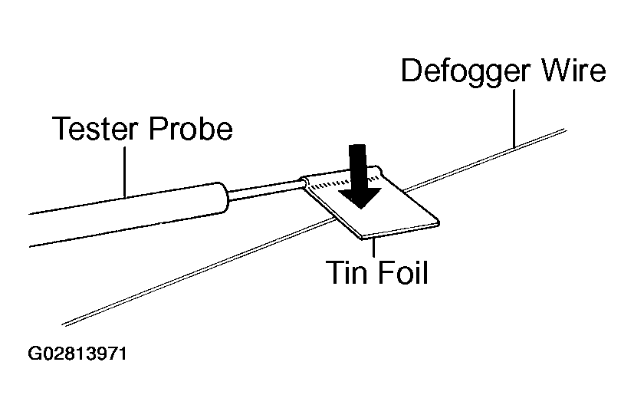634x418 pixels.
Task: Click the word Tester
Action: coord(96,128)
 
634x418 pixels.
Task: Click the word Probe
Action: coord(191,128)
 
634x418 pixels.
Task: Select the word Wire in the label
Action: coord(573,71)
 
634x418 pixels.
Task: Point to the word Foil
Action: coord(402,272)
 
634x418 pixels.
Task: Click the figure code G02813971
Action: coord(77,354)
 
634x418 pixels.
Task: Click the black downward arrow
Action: coord(360,176)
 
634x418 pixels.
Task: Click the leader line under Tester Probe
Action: coord(124,172)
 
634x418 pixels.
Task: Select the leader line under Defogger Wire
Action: coord(514,119)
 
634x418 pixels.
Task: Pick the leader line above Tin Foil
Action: coord(374,247)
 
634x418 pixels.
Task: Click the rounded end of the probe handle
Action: coord(222,197)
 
